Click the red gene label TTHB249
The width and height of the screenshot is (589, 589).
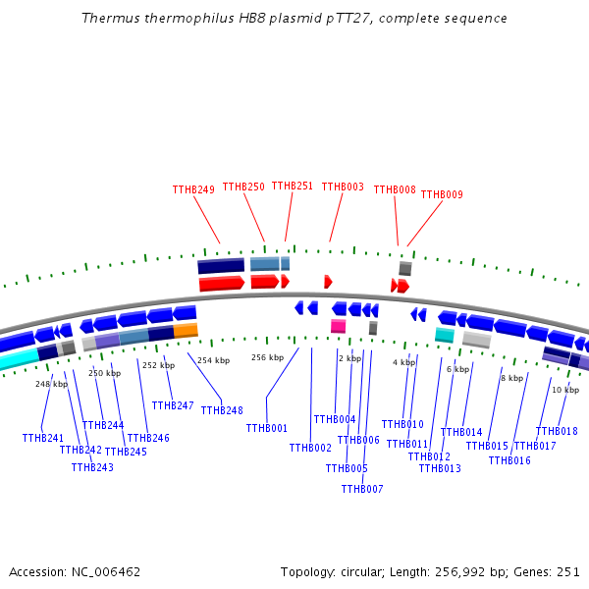point(193,190)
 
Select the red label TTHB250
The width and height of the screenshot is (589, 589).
point(243,187)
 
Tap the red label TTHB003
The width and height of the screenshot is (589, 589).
point(343,187)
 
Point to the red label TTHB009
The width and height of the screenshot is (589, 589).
point(442,195)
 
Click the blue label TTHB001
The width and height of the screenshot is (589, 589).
point(267,429)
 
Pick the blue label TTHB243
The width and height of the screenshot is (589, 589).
point(92,468)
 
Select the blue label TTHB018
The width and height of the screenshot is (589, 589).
point(557,432)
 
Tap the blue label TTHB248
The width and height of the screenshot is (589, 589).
point(222,410)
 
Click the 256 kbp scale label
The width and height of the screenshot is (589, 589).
point(267,357)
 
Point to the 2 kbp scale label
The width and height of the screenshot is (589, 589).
point(349,359)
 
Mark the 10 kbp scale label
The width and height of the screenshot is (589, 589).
point(565,391)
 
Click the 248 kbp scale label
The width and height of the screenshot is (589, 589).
point(52,384)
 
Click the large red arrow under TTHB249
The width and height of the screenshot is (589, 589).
point(222,284)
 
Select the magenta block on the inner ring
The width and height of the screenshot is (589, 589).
point(338,326)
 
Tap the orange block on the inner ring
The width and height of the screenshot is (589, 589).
point(186,331)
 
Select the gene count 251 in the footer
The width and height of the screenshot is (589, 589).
point(569,571)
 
